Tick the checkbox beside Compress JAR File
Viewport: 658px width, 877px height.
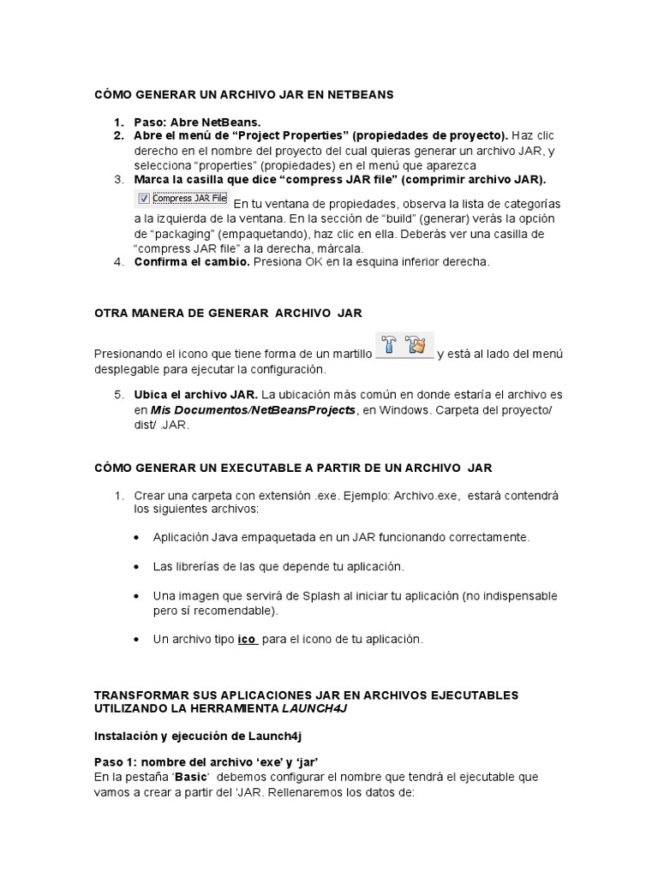[144, 199]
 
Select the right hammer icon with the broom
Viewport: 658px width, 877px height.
[416, 345]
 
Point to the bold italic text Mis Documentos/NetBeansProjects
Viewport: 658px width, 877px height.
[253, 410]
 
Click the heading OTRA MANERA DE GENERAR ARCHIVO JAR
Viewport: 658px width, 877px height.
[228, 313]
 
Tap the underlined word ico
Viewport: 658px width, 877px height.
[247, 640]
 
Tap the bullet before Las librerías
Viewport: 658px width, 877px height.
[138, 568]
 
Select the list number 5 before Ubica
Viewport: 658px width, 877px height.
[119, 395]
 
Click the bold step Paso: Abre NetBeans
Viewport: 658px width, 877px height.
[197, 122]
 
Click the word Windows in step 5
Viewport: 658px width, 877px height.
[403, 410]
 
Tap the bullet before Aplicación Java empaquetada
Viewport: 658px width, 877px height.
[138, 538]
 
